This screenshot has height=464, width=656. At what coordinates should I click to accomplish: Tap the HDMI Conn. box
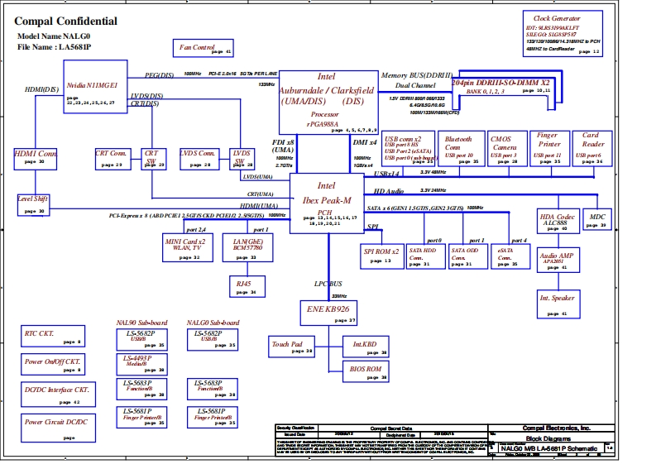(36, 157)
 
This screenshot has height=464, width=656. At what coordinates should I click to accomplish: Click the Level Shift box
(34, 203)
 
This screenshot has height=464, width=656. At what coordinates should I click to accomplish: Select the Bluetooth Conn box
(458, 147)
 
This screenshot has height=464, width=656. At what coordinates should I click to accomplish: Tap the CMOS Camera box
(503, 147)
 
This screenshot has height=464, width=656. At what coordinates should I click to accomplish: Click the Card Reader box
(591, 147)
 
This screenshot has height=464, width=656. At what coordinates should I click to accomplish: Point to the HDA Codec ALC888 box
(554, 221)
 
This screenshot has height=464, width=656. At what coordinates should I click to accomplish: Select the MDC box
(596, 220)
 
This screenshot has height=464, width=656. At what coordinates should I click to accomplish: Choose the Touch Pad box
(291, 347)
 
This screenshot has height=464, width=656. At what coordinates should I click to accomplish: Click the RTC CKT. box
(51, 337)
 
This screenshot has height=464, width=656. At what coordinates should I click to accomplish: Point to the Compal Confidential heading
(66, 22)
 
